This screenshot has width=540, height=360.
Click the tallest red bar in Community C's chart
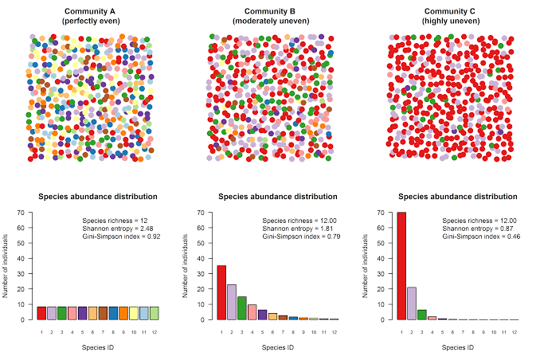click(x=401, y=266)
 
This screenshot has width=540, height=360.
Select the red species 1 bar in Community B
click(x=221, y=292)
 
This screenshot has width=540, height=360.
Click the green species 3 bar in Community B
click(x=242, y=308)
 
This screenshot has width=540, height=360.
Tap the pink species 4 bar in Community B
click(x=252, y=312)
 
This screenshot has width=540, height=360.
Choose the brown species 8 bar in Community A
click(x=114, y=313)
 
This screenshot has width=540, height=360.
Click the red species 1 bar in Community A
click(x=41, y=313)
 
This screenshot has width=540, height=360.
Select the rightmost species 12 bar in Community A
click(x=155, y=313)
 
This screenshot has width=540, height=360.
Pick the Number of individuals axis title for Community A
click(x=6, y=266)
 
